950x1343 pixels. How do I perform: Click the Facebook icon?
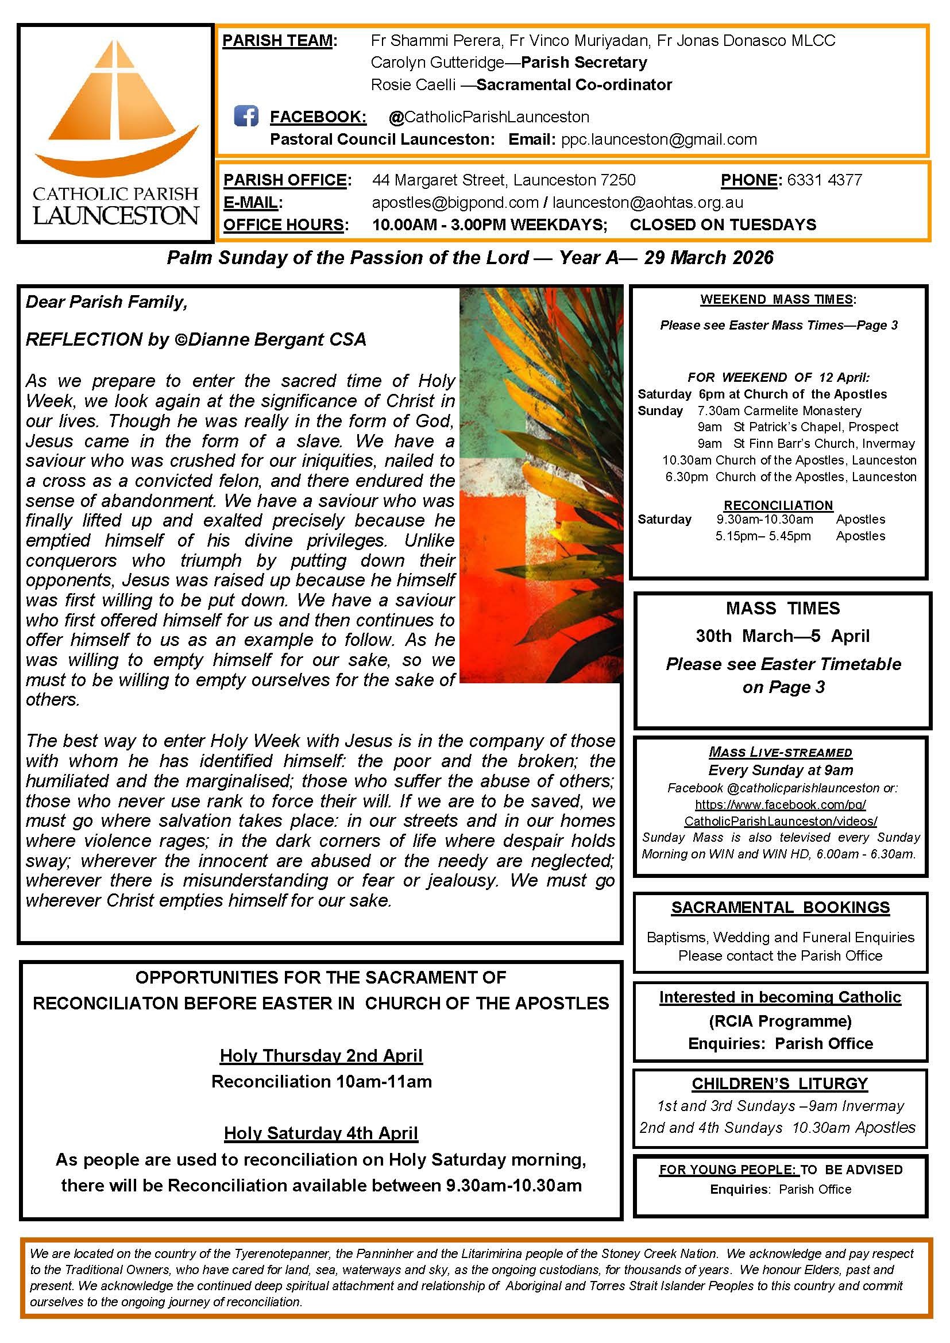coord(246,116)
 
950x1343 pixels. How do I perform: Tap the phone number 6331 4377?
coord(824,180)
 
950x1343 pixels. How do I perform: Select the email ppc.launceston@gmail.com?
coord(659,139)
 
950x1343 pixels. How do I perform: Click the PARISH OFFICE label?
coord(285,180)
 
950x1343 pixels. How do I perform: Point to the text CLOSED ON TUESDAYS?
coord(723,225)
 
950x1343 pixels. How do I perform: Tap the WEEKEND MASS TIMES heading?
coord(778,300)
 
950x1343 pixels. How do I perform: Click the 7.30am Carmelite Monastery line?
coord(779,411)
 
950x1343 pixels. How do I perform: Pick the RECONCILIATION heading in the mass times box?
coord(778,505)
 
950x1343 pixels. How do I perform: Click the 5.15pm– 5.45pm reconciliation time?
coord(763,536)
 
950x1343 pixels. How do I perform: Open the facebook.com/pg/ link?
coord(781,805)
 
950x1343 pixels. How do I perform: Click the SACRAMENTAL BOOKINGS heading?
coord(781,907)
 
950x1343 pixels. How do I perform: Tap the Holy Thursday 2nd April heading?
coord(321,1055)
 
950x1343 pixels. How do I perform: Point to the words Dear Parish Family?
coord(106,302)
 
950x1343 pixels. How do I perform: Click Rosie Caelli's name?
coord(413,85)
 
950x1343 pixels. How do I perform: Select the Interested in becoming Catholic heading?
coord(780,997)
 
